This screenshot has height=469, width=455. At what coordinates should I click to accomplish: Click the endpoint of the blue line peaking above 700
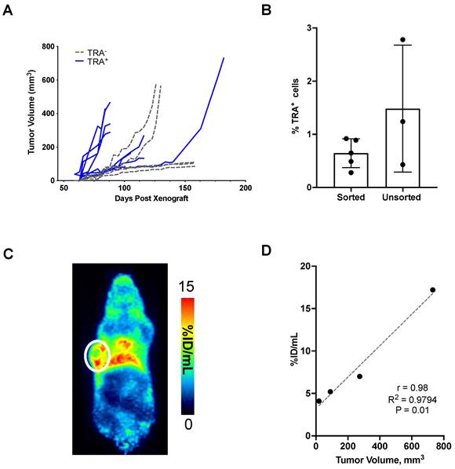point(224,58)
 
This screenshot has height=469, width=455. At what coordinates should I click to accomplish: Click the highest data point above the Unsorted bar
point(402,39)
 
